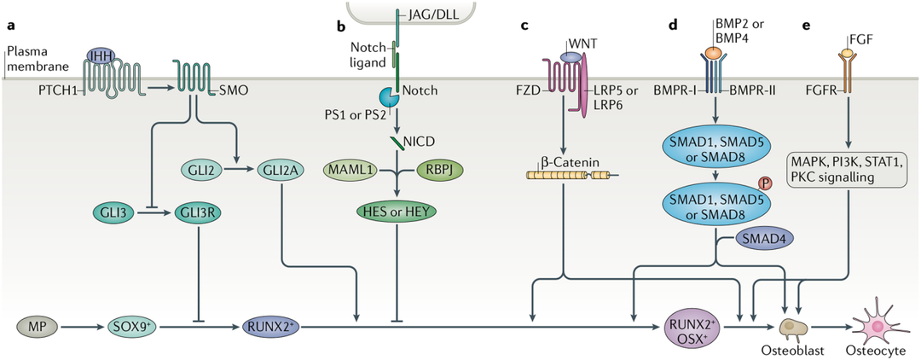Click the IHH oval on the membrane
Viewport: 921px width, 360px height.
click(101, 55)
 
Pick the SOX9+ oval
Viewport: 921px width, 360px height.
click(130, 324)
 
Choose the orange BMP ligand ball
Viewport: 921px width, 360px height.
click(714, 52)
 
